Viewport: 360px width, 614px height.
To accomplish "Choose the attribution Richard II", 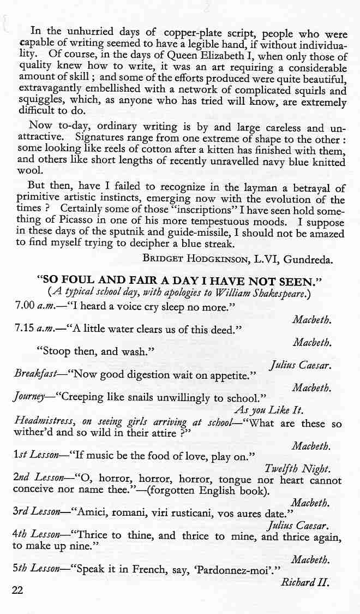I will coord(305,582).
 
